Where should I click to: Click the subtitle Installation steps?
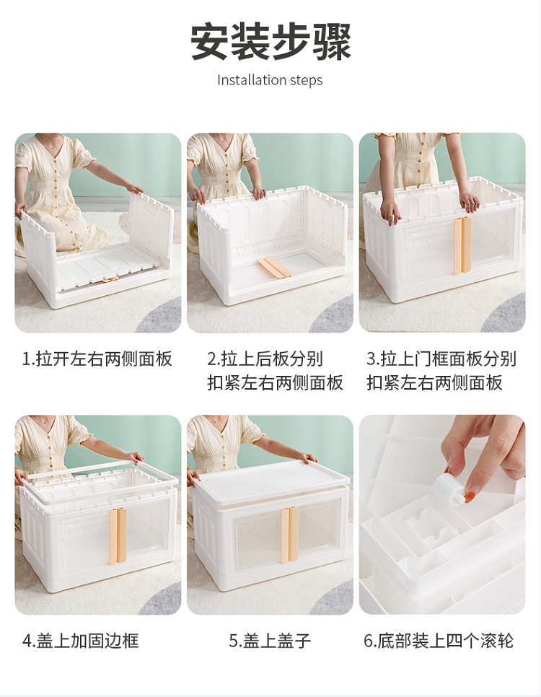point(270,81)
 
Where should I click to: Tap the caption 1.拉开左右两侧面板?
point(97,359)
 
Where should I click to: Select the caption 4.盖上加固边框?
point(81,641)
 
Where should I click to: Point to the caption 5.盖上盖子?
point(270,641)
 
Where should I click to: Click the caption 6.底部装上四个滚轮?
point(439,641)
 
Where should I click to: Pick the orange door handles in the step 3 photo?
point(462,245)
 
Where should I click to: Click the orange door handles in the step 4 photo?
point(118,536)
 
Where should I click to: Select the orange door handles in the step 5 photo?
point(290,535)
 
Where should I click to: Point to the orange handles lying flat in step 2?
point(273,267)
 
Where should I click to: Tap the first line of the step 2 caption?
point(265,359)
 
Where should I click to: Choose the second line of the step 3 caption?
point(434,382)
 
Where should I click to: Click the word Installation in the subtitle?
point(252,81)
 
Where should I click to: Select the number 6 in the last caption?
point(369,641)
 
